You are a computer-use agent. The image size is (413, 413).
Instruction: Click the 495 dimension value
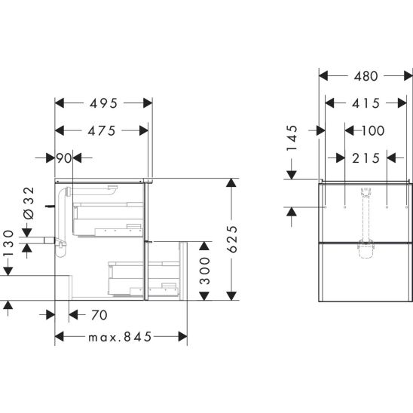point(103,103)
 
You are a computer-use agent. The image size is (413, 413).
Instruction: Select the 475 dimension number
point(102,131)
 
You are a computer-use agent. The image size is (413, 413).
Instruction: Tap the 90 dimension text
point(64,158)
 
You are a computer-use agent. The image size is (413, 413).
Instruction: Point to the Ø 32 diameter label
point(29,203)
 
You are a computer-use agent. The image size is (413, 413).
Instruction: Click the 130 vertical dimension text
point(8,243)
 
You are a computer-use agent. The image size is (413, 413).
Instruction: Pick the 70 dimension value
point(99,315)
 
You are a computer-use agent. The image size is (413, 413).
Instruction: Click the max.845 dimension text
point(120,337)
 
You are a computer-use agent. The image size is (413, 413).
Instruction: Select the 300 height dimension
point(205,271)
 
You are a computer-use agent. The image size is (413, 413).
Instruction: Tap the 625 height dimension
point(232,239)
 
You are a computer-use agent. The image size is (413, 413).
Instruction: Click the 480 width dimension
point(366,76)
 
